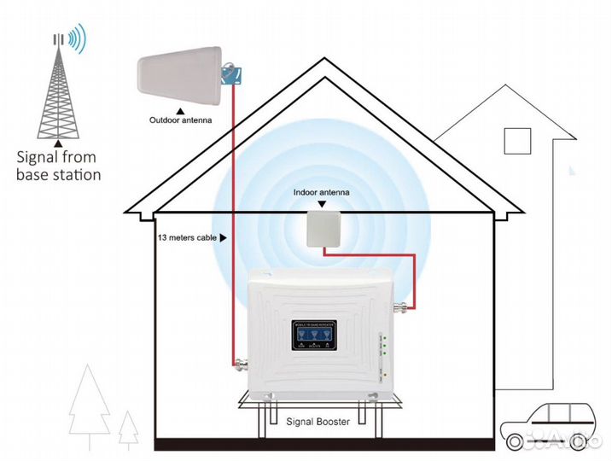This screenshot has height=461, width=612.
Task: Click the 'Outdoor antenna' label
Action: [180, 121]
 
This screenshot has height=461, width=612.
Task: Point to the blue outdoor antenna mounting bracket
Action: [230, 74]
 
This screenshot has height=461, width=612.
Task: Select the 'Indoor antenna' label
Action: [321, 194]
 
